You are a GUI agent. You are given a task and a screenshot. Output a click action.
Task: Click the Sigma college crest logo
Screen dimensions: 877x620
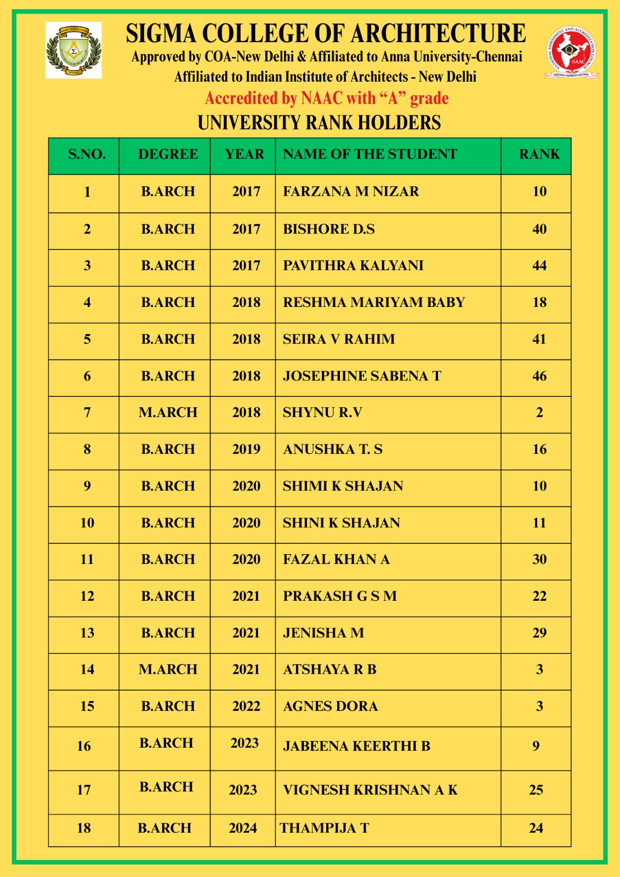click(73, 50)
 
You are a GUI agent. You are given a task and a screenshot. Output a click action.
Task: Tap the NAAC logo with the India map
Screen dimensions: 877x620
click(572, 52)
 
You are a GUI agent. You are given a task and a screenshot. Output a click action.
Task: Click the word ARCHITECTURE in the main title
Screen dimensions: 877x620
click(438, 34)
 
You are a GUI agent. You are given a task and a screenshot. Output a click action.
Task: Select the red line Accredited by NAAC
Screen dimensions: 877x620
click(327, 99)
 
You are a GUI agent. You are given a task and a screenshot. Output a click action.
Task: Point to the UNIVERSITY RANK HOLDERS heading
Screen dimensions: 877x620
click(319, 123)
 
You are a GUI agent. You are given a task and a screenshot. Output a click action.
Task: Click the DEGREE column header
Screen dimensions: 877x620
click(168, 155)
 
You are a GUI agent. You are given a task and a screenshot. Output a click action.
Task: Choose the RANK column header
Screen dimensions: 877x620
click(539, 155)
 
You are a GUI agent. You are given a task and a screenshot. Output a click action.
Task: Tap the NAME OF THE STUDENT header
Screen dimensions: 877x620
click(369, 155)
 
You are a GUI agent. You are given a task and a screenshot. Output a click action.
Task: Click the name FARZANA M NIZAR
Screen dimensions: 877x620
click(351, 191)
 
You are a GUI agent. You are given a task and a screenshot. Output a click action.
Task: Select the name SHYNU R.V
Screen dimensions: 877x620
click(322, 412)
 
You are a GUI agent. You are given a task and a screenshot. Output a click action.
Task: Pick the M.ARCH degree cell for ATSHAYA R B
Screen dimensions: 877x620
click(168, 669)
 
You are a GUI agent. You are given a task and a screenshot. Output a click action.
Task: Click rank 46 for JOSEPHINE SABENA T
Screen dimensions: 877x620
click(539, 376)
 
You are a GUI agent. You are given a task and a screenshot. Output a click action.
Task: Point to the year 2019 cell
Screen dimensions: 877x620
click(246, 449)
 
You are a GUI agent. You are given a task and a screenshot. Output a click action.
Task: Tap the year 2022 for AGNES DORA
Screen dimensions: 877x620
click(246, 706)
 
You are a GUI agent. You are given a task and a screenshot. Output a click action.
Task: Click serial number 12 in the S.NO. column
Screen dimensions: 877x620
click(87, 596)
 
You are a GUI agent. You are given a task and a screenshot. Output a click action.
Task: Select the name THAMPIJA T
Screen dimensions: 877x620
click(325, 828)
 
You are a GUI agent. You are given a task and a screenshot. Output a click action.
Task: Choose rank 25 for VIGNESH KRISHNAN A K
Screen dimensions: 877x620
click(536, 790)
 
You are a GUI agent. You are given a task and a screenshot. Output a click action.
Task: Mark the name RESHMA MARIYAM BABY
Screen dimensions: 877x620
click(374, 302)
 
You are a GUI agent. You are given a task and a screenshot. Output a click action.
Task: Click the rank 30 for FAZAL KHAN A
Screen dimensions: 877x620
click(539, 559)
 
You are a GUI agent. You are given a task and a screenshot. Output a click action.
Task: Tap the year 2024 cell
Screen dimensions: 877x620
click(243, 828)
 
